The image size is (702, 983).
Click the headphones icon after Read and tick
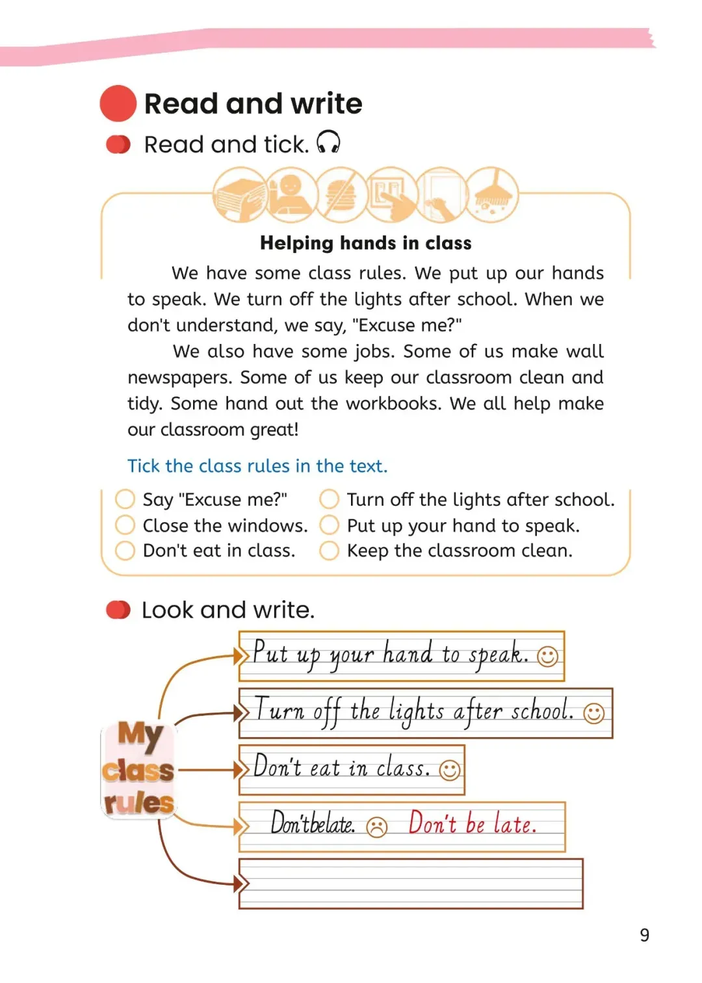click(x=328, y=142)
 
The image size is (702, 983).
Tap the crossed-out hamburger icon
click(x=341, y=194)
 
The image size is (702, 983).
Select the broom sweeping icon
click(x=492, y=194)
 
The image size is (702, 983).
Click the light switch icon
click(x=391, y=194)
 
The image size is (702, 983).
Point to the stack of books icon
click(x=240, y=194)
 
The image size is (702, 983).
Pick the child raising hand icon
click(x=291, y=194)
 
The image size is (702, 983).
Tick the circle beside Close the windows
click(x=125, y=525)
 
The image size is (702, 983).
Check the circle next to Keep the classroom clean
click(x=329, y=551)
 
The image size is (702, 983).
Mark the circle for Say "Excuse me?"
click(x=125, y=499)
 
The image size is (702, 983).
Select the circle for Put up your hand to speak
click(x=329, y=525)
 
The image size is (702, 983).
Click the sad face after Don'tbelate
click(x=377, y=827)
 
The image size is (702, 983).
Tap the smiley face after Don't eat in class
click(x=450, y=770)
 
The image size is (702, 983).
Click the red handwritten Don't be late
click(x=473, y=824)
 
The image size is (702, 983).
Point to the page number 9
click(x=644, y=935)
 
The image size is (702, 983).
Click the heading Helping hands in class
click(x=366, y=243)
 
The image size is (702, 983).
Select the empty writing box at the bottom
click(x=411, y=884)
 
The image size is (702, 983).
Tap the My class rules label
click(x=138, y=770)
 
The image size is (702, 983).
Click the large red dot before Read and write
click(x=118, y=103)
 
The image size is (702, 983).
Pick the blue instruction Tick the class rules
click(x=257, y=466)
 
